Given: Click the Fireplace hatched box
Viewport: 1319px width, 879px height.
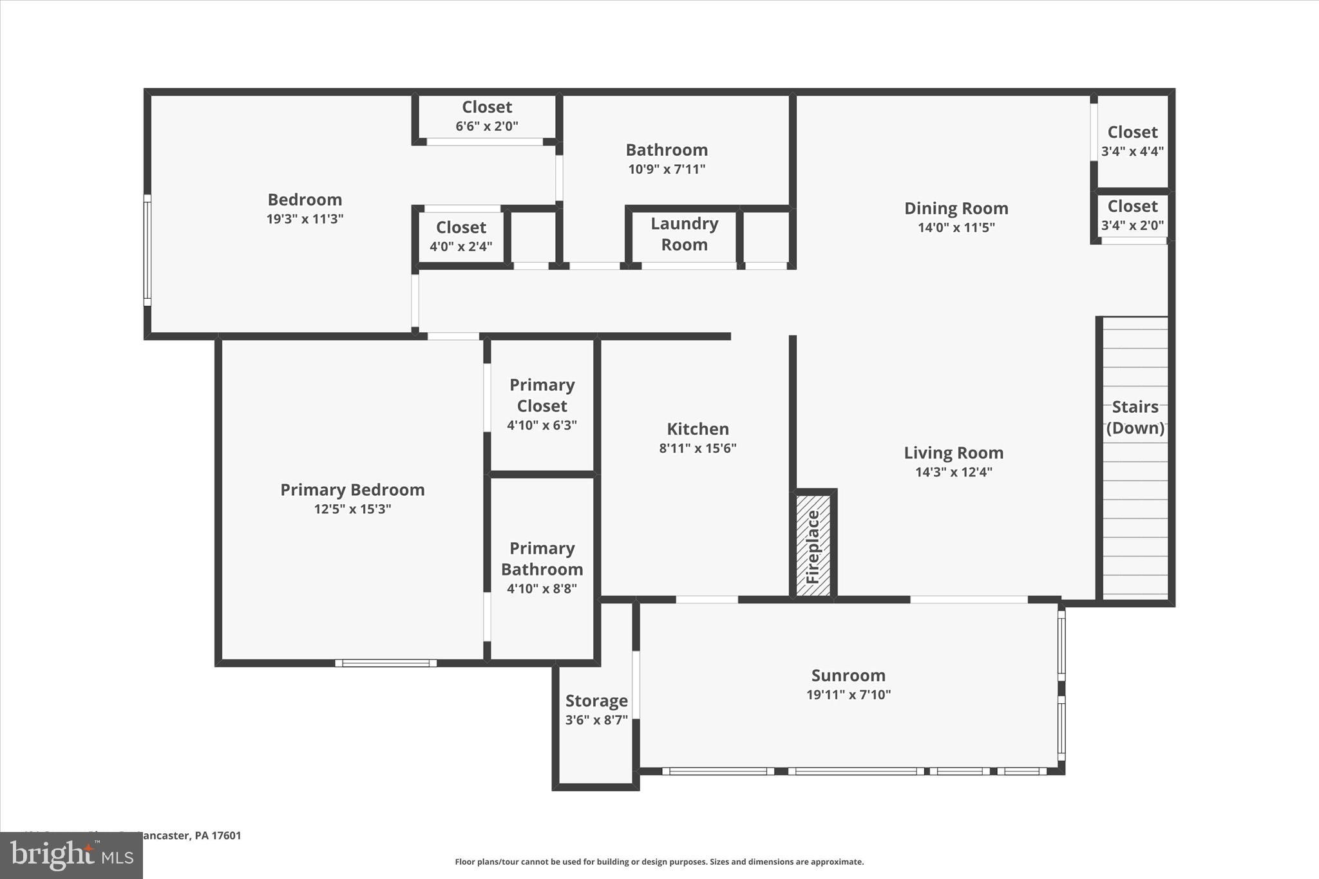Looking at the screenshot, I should pyautogui.click(x=813, y=545).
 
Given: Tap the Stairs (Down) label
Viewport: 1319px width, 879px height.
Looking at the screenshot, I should pyautogui.click(x=1135, y=417).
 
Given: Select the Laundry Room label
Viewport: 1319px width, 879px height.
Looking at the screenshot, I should pyautogui.click(x=684, y=234).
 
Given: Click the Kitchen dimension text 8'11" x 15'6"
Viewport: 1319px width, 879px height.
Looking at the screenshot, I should pyautogui.click(x=697, y=448).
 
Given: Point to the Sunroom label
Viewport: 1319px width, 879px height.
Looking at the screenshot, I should pyautogui.click(x=848, y=675).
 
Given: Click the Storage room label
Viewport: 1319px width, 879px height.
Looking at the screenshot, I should pyautogui.click(x=596, y=701).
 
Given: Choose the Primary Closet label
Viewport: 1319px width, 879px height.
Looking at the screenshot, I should pyautogui.click(x=542, y=395).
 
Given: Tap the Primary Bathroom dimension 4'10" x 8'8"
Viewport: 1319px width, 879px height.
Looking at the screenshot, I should pyautogui.click(x=542, y=588).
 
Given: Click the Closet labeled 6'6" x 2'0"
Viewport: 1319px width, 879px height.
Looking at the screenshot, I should pyautogui.click(x=487, y=116).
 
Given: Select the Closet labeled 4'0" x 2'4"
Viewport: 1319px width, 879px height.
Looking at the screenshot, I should pyautogui.click(x=461, y=236).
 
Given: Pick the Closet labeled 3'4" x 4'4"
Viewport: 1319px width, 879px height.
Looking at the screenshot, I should pyautogui.click(x=1132, y=141).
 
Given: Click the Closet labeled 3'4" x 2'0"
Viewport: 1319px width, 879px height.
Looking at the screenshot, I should pyautogui.click(x=1132, y=215).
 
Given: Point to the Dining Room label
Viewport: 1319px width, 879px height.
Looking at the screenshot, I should pyautogui.click(x=956, y=208).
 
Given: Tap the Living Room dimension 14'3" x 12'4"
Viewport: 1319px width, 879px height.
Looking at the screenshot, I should pyautogui.click(x=953, y=472).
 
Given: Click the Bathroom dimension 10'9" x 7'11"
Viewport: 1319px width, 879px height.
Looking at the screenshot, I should pyautogui.click(x=667, y=169).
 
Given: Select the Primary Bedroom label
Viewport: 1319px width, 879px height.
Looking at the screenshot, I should pyautogui.click(x=352, y=489).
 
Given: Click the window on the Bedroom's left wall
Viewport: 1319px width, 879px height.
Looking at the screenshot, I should pyautogui.click(x=147, y=250).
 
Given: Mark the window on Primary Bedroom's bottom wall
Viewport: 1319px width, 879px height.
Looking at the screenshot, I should pyautogui.click(x=386, y=663).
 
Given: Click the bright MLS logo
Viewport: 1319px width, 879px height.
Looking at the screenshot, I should pyautogui.click(x=71, y=856).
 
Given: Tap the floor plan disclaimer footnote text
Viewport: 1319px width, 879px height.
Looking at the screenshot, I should pyautogui.click(x=659, y=862).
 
